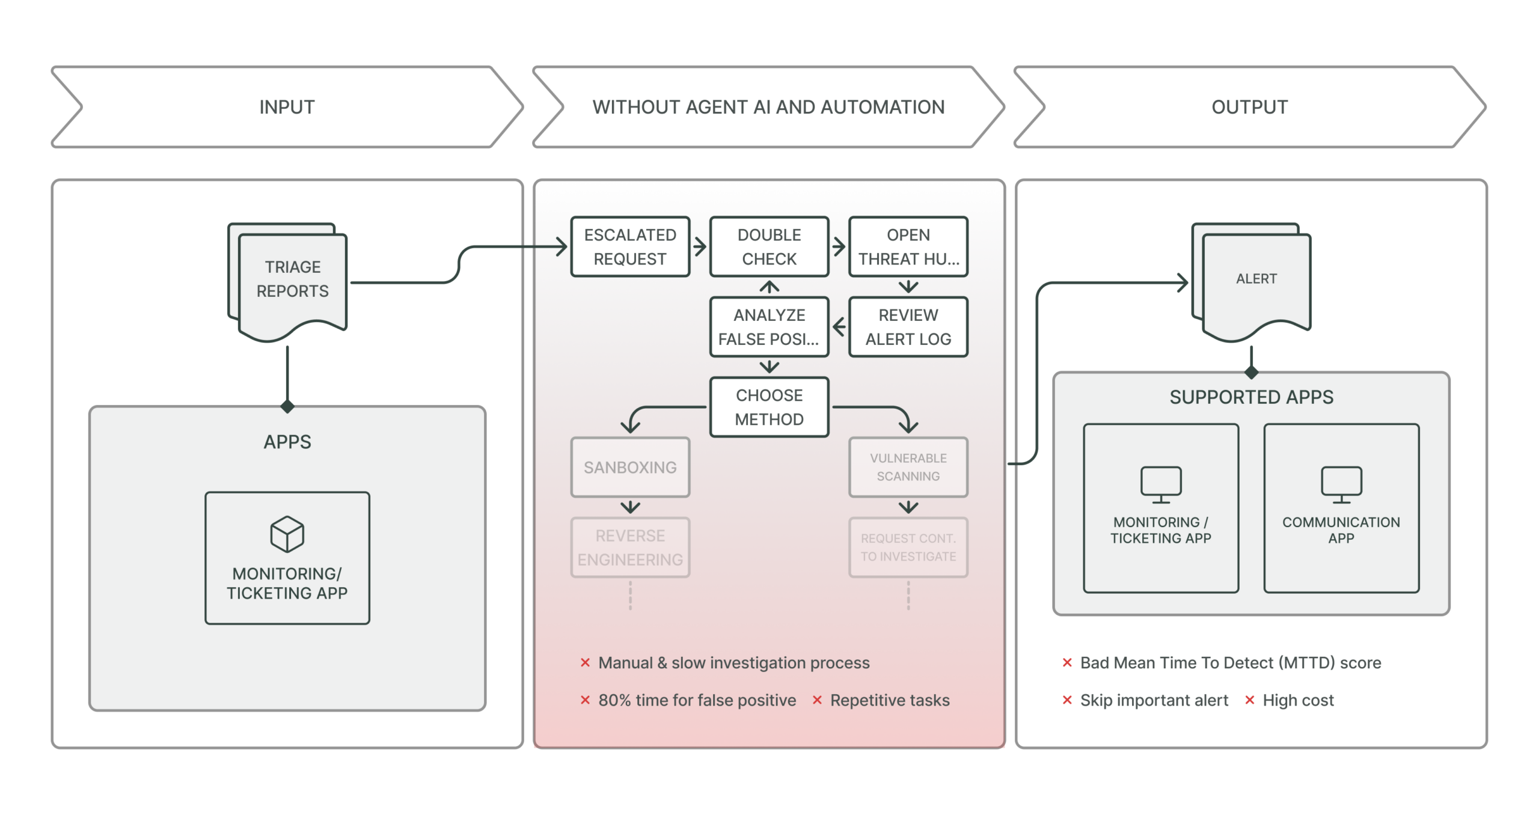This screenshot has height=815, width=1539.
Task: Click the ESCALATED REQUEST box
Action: click(x=630, y=246)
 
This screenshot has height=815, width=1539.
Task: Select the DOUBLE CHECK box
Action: click(x=769, y=246)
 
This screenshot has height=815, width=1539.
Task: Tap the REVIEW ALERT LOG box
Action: click(x=908, y=327)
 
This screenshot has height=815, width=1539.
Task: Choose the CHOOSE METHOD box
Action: click(x=769, y=407)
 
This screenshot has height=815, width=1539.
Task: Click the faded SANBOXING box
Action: click(x=630, y=467)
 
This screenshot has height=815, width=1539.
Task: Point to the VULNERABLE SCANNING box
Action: click(x=908, y=467)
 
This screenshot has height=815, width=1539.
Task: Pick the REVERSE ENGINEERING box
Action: click(x=630, y=548)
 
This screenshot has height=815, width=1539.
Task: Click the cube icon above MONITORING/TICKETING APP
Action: click(x=287, y=534)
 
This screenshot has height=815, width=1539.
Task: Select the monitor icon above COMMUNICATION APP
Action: click(x=1341, y=484)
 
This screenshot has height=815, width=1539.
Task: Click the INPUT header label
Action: click(x=287, y=107)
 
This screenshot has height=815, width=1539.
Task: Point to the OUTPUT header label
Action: click(x=1249, y=107)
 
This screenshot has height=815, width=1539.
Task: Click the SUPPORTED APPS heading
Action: click(x=1251, y=397)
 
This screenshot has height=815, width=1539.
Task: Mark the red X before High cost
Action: click(x=1249, y=700)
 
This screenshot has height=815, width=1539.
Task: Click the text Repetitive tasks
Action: click(x=889, y=700)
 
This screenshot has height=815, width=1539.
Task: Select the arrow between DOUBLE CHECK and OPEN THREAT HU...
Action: click(x=839, y=246)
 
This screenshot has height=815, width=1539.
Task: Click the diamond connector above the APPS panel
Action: click(x=287, y=406)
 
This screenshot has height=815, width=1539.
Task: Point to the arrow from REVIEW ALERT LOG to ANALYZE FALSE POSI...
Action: click(x=839, y=327)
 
